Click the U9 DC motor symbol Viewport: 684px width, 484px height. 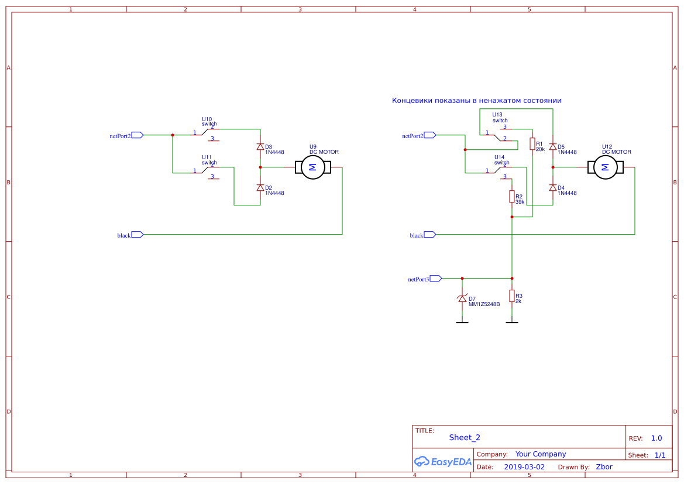(x=312, y=167)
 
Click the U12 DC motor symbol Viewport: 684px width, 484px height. (x=605, y=167)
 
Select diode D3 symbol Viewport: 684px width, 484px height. (x=260, y=147)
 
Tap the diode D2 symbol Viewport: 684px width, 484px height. (x=260, y=188)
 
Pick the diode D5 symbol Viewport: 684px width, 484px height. (x=552, y=147)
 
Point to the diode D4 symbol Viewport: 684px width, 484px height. (x=552, y=188)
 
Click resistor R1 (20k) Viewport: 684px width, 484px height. (x=532, y=144)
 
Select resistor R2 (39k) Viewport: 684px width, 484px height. (x=512, y=197)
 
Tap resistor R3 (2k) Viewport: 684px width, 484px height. (x=512, y=296)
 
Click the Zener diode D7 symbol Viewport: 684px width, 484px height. (x=462, y=298)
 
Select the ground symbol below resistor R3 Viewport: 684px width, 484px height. (x=512, y=321)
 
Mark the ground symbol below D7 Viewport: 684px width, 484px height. (x=462, y=321)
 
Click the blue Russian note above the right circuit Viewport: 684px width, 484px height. (x=476, y=101)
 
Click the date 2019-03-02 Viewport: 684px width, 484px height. (x=524, y=467)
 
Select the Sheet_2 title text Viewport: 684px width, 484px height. (x=465, y=437)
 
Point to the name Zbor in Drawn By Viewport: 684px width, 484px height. (x=604, y=467)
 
